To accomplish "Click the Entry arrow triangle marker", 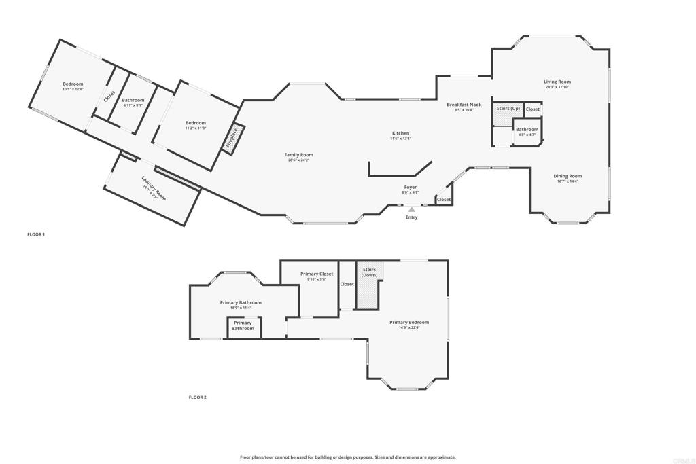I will coord(411,210).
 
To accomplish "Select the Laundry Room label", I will coord(153,188).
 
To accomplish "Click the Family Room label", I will coord(298,155).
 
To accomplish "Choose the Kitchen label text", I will coord(400,133).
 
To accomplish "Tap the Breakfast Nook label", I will coord(464,105).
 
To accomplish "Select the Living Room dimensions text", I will coord(557,87).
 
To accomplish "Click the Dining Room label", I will coord(569,176).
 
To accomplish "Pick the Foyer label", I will coord(411,187).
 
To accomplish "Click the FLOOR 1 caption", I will coord(36,234).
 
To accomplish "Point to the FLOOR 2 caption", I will coord(197,397).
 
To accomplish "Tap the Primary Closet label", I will coord(317,274).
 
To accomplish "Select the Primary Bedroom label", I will coord(409,322).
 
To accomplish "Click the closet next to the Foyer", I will coord(444,200).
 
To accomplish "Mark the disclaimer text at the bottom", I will coord(347,457).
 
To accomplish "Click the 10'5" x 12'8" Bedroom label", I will coord(73,84).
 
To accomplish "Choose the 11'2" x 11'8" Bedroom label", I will coord(196,123).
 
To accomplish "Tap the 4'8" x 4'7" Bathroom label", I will coord(527,129).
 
